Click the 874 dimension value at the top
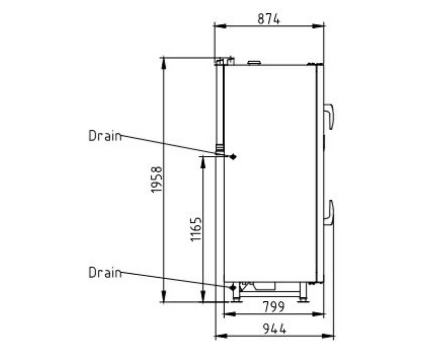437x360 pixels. [x=268, y=19]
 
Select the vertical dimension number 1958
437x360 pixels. [x=156, y=179]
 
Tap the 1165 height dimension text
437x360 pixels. [x=196, y=229]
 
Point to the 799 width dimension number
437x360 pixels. [x=274, y=307]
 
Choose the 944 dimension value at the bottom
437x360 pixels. [x=275, y=329]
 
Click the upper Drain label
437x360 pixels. [x=105, y=136]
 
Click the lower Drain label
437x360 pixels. [x=105, y=273]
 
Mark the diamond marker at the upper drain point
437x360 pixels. [x=233, y=157]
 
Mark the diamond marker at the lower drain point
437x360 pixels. [x=233, y=287]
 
